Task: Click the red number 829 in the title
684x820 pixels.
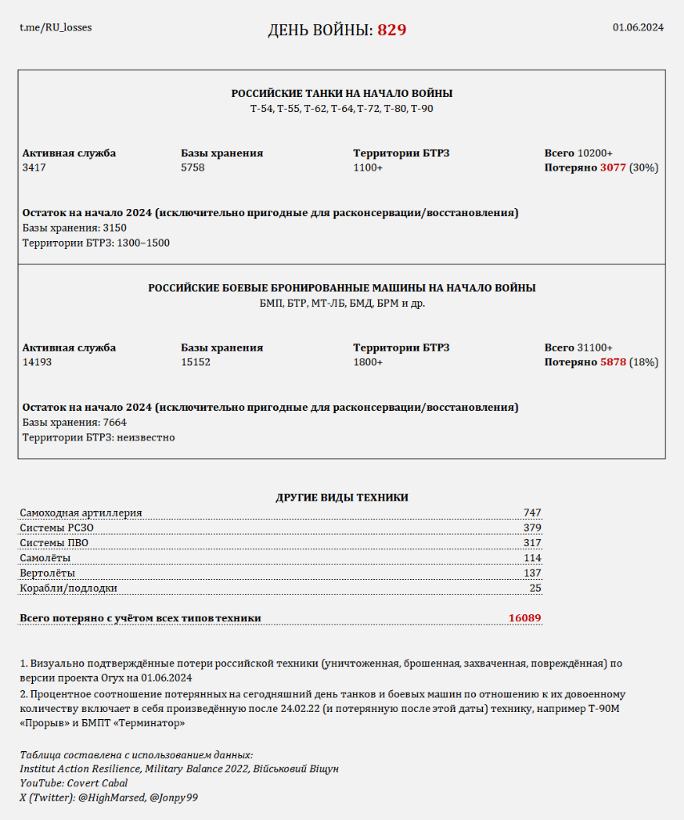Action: pyautogui.click(x=392, y=30)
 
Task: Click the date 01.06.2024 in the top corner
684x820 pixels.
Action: pyautogui.click(x=638, y=27)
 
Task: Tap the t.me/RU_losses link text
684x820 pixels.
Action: pyautogui.click(x=56, y=27)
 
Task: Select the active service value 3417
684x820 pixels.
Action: pyautogui.click(x=35, y=168)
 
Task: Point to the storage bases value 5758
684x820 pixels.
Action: pyautogui.click(x=194, y=168)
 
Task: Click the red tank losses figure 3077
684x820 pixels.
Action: pyautogui.click(x=613, y=168)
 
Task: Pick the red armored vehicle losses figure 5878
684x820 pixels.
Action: pyautogui.click(x=613, y=362)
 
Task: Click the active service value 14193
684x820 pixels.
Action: pyautogui.click(x=38, y=362)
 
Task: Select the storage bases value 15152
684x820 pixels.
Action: pyautogui.click(x=196, y=362)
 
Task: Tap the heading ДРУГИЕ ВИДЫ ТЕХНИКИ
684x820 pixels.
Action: pyautogui.click(x=342, y=497)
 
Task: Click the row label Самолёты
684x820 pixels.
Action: pyautogui.click(x=45, y=557)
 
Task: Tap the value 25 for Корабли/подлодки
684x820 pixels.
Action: pyautogui.click(x=535, y=588)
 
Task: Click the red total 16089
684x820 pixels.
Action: pyautogui.click(x=525, y=617)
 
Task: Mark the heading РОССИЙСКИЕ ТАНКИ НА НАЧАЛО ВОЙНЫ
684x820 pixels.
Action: pyautogui.click(x=342, y=94)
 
